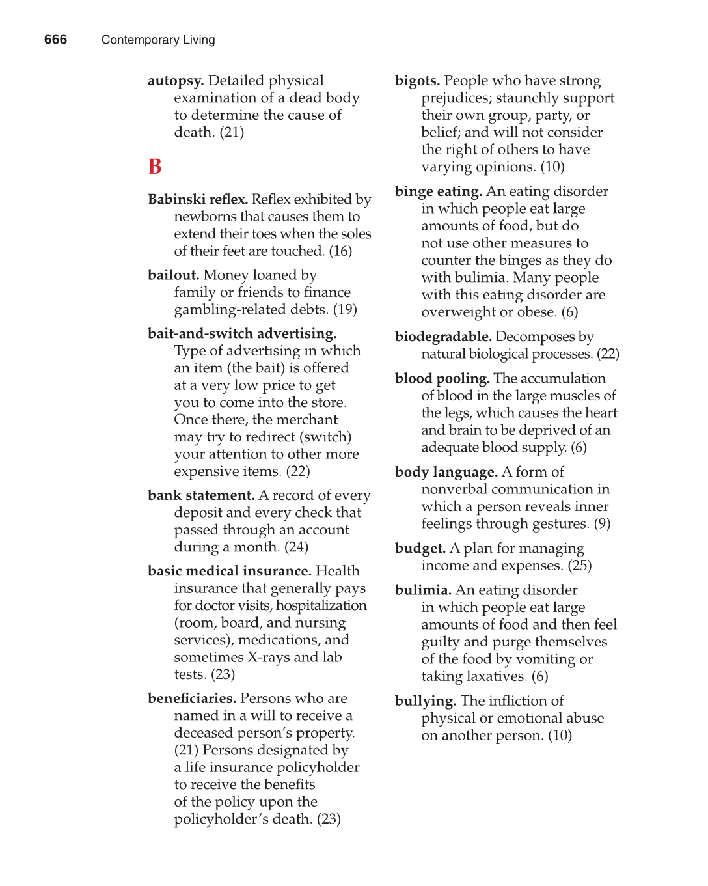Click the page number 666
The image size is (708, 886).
click(55, 40)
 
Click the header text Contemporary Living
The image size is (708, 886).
click(158, 40)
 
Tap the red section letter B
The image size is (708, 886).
click(155, 167)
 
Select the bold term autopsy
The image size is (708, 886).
click(176, 81)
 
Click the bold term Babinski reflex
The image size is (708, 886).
click(197, 199)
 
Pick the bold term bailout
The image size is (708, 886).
click(173, 275)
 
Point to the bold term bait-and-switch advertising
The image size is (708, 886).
click(242, 334)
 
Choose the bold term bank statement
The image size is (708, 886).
click(201, 495)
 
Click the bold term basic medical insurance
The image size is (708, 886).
click(229, 572)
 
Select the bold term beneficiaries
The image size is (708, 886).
click(191, 699)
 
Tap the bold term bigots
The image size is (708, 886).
click(417, 81)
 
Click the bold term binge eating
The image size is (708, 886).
click(438, 191)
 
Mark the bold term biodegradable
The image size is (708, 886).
click(442, 337)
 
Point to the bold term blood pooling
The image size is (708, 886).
click(442, 378)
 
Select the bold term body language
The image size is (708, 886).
click(446, 472)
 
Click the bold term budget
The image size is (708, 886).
click(420, 549)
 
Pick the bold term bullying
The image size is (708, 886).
click(425, 701)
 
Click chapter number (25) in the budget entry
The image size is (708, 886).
click(579, 566)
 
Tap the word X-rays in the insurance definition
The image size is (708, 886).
click(269, 658)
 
